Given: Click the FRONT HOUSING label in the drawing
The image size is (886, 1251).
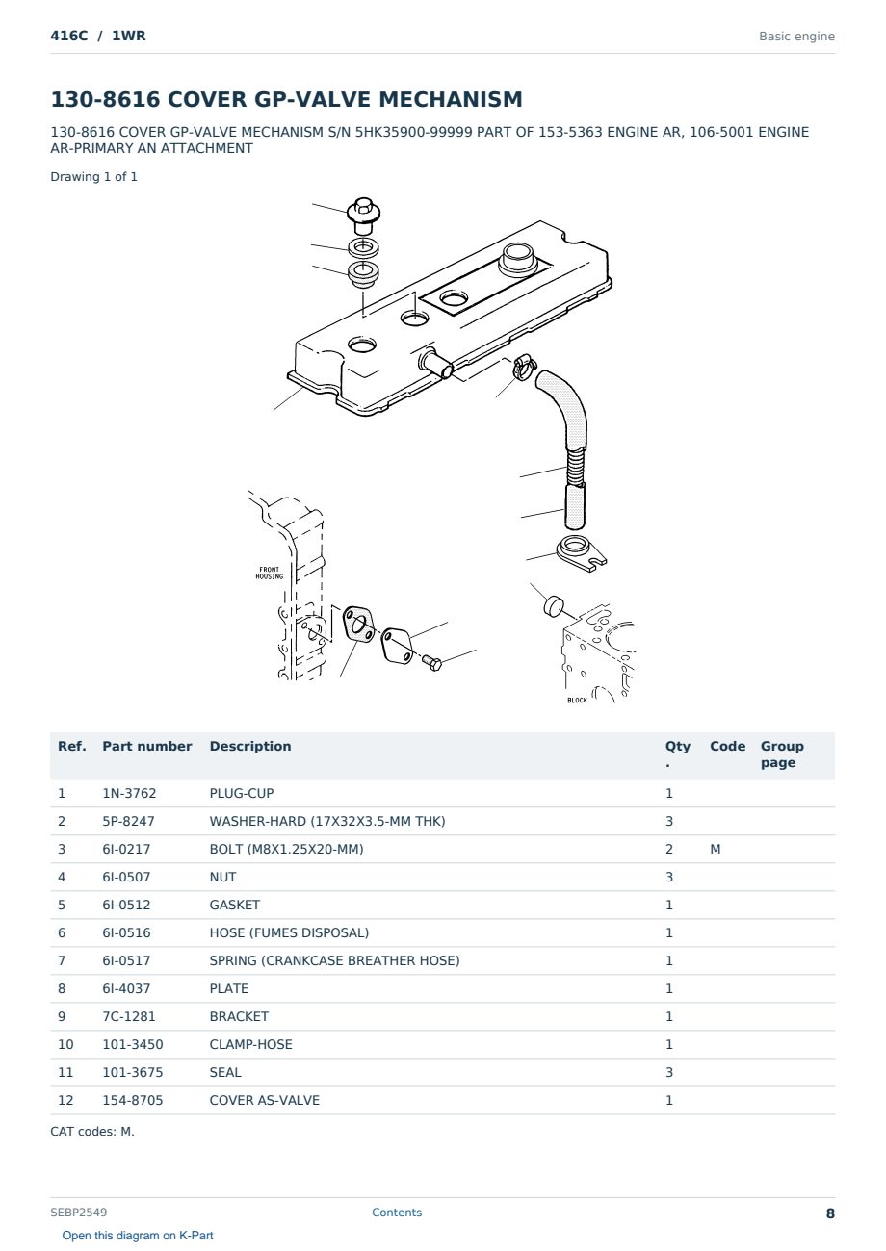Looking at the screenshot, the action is (270, 573).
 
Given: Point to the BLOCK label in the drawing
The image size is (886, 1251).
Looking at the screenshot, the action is (577, 701).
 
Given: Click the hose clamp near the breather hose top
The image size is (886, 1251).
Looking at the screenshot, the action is (524, 367).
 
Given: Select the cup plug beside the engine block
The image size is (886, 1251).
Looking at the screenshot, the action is (554, 606).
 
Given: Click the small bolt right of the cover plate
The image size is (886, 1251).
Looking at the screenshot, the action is (431, 663).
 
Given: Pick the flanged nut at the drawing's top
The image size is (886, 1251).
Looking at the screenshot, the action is (363, 215).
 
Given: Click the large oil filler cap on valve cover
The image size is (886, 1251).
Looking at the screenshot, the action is (517, 258).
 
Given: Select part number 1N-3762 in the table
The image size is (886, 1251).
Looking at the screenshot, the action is (129, 793).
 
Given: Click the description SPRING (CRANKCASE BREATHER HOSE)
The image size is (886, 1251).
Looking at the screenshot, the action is (334, 960).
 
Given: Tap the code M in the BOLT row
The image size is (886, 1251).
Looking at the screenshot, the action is (715, 849).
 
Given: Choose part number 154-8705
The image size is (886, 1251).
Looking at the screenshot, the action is (133, 1100).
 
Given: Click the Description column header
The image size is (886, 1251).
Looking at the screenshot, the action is (250, 746).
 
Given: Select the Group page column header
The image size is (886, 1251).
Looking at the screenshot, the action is (782, 754).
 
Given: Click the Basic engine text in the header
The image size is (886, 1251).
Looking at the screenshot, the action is (796, 37).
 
